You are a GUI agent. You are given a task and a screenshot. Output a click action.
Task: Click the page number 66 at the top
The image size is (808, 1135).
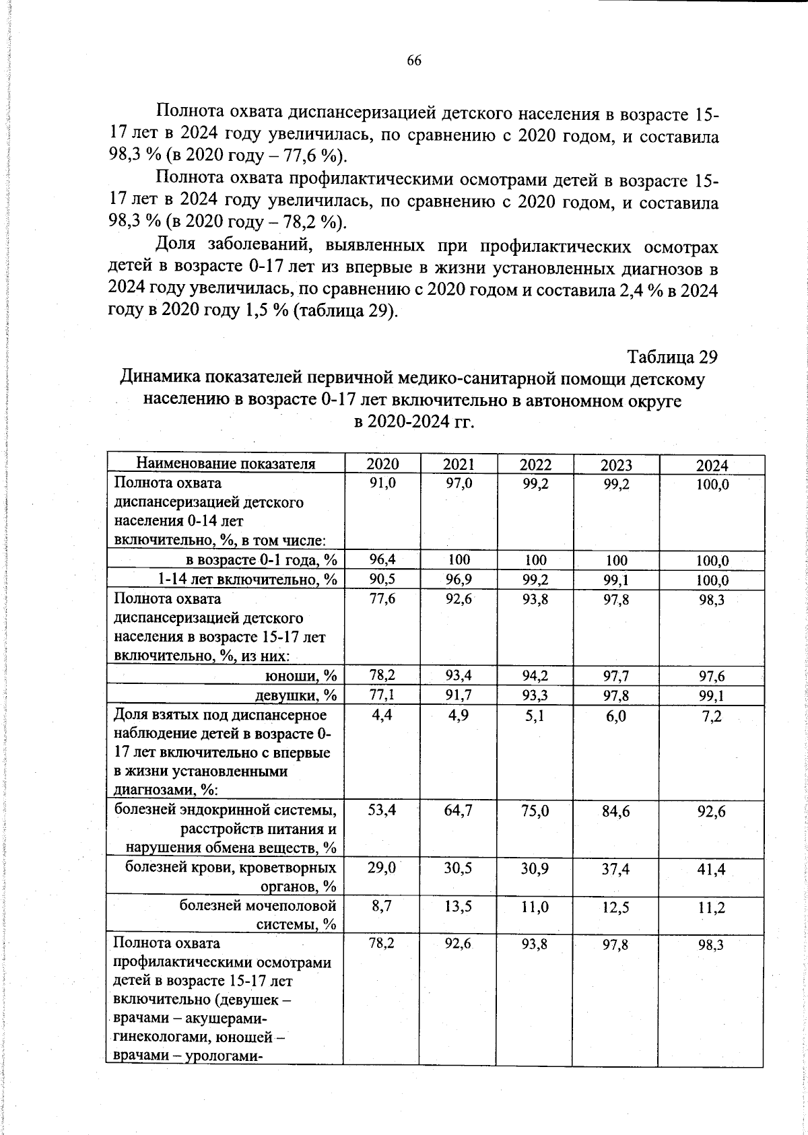click(x=413, y=61)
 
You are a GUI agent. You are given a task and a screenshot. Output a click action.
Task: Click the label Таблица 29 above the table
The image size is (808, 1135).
click(x=672, y=355)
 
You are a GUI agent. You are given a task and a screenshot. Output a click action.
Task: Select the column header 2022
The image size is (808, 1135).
click(x=536, y=465)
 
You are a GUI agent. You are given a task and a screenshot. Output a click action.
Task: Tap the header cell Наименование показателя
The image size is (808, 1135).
click(x=226, y=464)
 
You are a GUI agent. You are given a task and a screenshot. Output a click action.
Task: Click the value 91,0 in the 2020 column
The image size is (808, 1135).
click(x=382, y=483)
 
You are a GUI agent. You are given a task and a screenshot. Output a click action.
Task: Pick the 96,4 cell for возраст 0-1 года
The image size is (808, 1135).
click(x=382, y=559)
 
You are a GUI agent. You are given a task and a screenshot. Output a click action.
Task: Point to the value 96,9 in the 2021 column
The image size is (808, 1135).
click(x=459, y=580)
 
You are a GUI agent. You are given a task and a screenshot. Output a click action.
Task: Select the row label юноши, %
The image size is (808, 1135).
click(x=302, y=675)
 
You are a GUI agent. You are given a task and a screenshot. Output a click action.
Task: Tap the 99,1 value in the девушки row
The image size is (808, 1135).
click(x=711, y=695)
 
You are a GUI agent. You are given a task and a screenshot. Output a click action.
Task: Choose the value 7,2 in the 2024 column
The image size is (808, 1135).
click(x=711, y=716)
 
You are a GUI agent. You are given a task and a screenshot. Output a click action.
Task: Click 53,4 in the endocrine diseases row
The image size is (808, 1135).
click(x=382, y=811)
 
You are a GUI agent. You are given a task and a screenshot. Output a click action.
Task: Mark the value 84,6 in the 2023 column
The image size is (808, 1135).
click(x=616, y=812)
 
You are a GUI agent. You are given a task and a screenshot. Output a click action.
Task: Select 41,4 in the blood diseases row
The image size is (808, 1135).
click(x=711, y=870)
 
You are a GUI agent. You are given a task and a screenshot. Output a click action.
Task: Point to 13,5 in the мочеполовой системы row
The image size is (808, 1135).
click(x=459, y=907)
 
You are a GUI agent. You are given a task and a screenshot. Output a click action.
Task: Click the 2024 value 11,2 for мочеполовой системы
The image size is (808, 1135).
click(x=711, y=908)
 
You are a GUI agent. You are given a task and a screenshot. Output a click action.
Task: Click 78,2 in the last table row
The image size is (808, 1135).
click(x=382, y=944)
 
